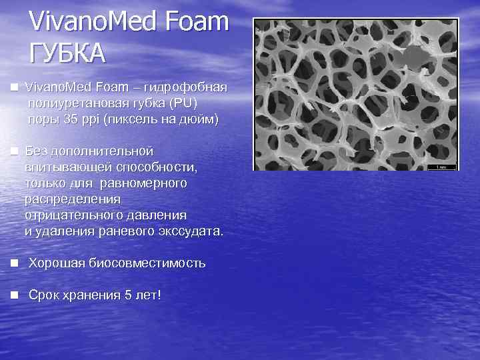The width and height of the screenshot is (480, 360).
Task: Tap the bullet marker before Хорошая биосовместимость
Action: click(x=13, y=263)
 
